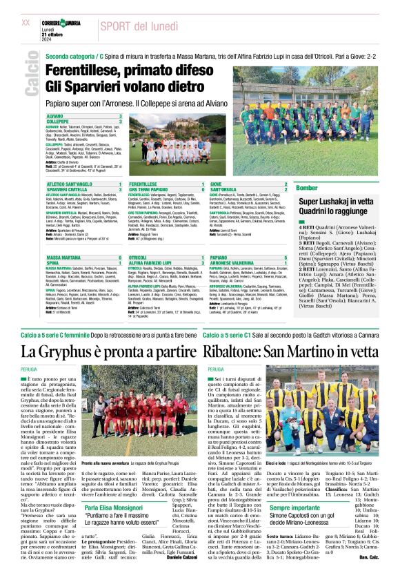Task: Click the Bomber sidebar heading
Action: pyautogui.click(x=307, y=188)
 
